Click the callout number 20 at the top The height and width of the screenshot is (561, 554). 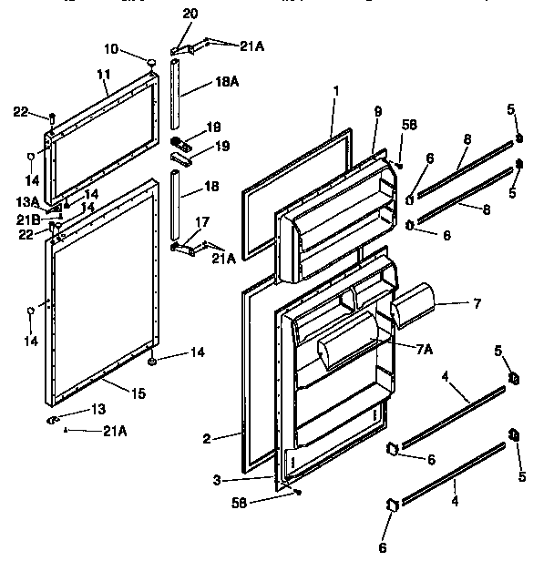(190, 14)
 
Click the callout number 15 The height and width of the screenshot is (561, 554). (139, 393)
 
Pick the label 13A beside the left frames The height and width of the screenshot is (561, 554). (27, 202)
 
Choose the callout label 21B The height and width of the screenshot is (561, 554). (28, 219)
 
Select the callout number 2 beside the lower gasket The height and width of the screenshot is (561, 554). (207, 439)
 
